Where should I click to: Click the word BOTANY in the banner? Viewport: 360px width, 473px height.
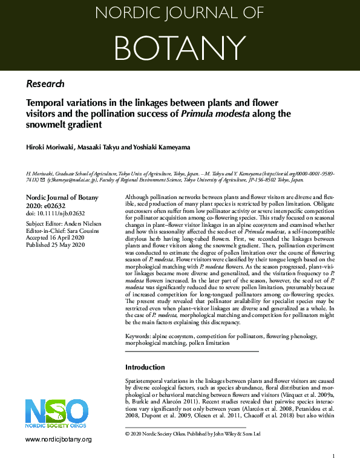coord(180,45)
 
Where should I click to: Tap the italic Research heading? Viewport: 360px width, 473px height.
coord(45,83)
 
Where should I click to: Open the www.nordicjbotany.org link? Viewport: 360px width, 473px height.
coord(59,439)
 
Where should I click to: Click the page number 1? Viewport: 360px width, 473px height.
coord(333,456)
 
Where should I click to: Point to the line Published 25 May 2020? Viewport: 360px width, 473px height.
coord(57,244)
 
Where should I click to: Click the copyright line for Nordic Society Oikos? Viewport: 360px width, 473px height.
coord(192,434)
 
